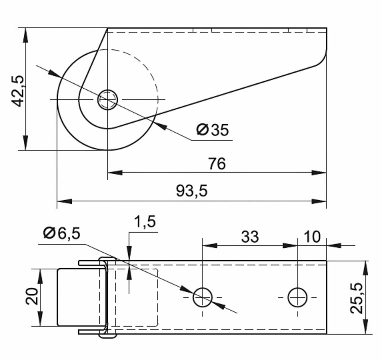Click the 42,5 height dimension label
18,91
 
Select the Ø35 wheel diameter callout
212,130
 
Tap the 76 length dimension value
217,164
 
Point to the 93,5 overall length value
192,191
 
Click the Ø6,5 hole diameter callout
62,233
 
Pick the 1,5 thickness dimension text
145,222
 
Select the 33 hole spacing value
250,237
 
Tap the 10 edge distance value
312,237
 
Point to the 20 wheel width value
32,297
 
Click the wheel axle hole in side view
108,99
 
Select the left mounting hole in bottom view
202,297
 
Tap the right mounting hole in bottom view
298,297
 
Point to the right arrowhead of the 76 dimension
319,173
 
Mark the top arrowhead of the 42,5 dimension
25,36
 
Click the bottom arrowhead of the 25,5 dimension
366,326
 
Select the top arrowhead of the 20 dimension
40,276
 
